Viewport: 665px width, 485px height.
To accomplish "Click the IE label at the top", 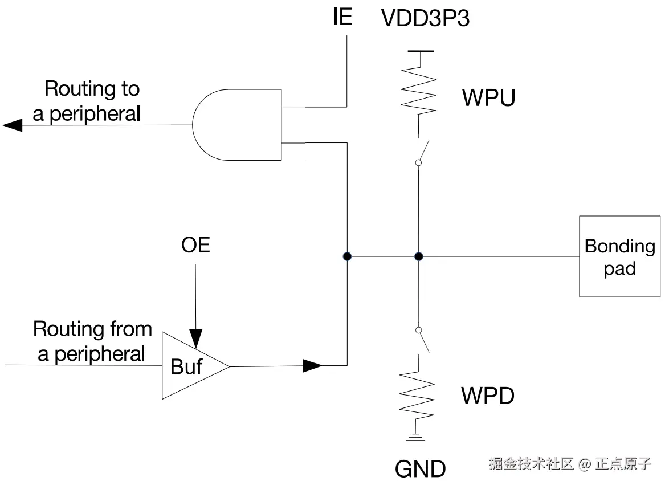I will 342,17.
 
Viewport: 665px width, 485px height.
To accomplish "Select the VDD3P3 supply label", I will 426,19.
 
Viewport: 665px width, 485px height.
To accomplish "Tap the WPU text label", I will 488,98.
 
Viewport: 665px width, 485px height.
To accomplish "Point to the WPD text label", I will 488,396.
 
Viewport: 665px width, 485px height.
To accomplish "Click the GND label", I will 421,469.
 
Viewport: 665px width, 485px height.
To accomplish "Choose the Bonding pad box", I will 619,256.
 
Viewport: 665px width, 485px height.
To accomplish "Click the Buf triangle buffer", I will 191,366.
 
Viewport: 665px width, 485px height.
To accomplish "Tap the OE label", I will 195,245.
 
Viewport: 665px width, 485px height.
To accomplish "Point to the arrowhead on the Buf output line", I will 312,365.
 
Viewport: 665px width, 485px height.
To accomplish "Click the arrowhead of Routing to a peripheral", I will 13,125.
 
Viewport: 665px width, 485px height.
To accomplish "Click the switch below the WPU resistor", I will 422,151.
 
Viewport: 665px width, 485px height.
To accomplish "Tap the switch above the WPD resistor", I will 422,341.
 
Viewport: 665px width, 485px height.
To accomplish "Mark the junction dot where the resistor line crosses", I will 418,256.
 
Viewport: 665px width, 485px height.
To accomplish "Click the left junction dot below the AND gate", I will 347,256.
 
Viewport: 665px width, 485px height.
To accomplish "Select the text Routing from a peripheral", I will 92,341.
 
